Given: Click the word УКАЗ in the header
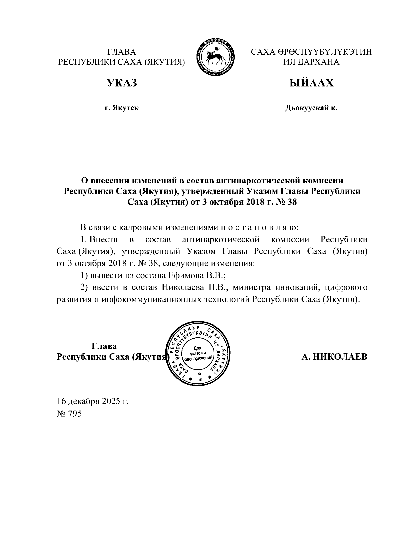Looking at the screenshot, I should point(121,83).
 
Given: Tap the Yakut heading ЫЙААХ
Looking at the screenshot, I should point(311,83).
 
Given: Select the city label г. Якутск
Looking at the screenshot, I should point(121,108).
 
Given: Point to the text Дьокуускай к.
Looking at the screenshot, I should point(311,108).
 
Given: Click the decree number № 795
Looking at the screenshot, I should point(69,414).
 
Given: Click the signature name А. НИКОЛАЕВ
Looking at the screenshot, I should point(334,357).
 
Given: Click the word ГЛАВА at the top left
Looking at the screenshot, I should point(121,52).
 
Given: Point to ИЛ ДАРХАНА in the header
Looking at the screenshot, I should point(311,62).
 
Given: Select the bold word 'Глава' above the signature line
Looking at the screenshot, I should point(104,346).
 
